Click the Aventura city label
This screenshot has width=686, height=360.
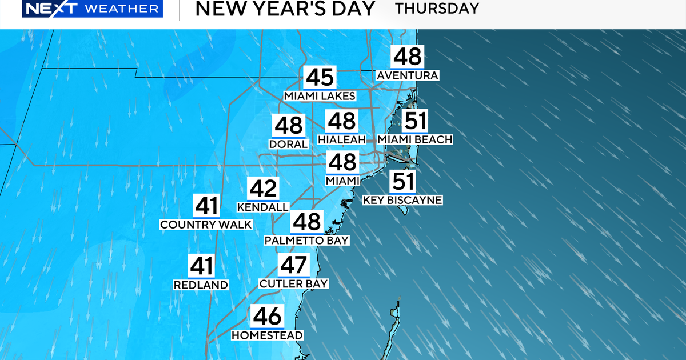click(407, 75)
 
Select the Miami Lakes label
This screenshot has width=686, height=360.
click(320, 96)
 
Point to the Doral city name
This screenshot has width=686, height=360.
click(289, 144)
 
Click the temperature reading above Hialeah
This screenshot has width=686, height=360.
click(342, 122)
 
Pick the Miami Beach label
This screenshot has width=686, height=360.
click(415, 139)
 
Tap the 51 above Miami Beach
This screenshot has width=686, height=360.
click(415, 122)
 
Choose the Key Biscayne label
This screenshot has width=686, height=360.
click(403, 200)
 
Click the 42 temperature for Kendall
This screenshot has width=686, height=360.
click(262, 189)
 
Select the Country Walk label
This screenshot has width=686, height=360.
click(206, 225)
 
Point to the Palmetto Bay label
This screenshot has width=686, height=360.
click(306, 241)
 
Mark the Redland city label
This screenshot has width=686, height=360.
click(201, 285)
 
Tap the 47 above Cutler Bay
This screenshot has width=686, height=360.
click(293, 266)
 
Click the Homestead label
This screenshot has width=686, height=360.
click(267, 335)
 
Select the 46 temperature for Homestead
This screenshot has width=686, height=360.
click(267, 317)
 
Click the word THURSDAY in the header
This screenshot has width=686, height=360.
click(437, 9)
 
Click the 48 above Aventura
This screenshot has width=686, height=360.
click(407, 57)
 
